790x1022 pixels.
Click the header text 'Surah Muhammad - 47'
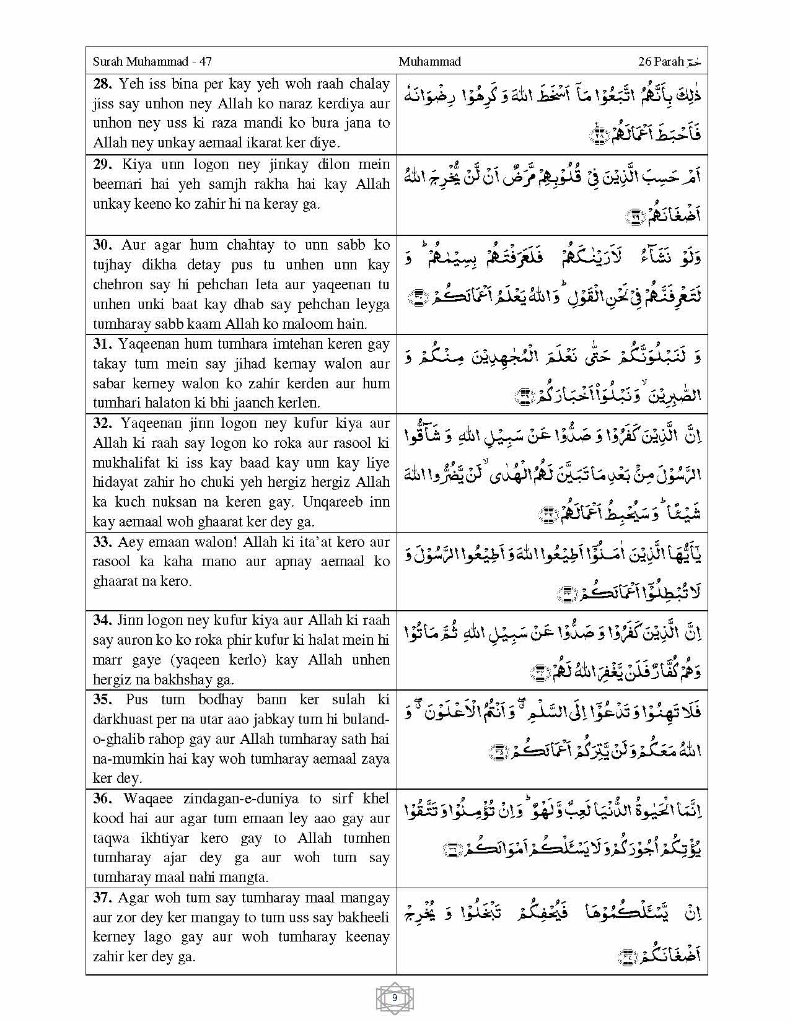(152, 61)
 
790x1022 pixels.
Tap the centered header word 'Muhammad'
(429, 61)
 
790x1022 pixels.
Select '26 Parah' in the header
(661, 61)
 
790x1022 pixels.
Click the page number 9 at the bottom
(395, 998)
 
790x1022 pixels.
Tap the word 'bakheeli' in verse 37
(361, 917)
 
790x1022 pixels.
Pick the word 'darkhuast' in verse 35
(124, 719)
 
